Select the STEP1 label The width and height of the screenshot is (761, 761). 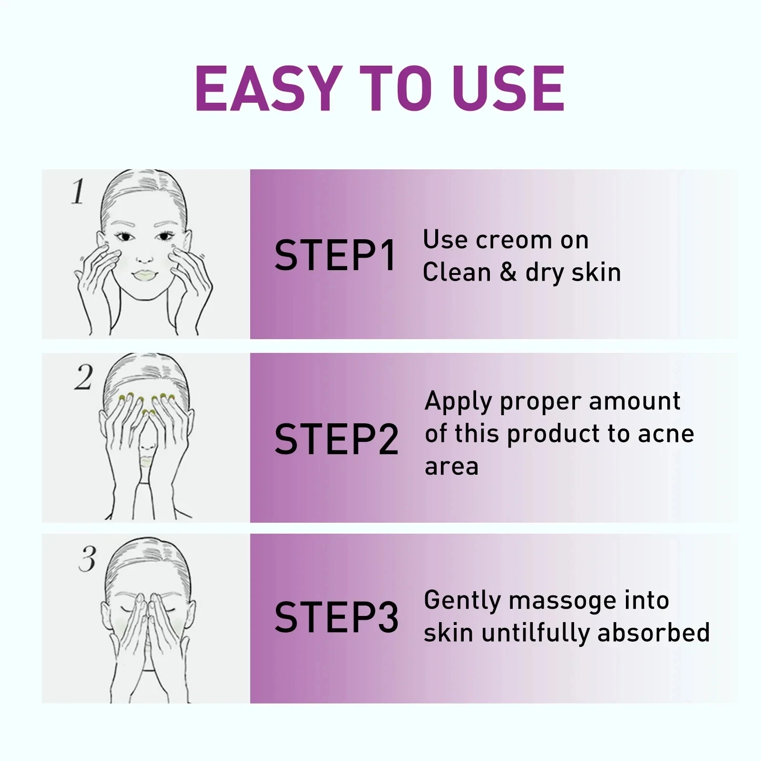[335, 256]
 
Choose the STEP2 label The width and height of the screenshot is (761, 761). [336, 439]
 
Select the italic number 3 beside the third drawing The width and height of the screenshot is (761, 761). [87, 559]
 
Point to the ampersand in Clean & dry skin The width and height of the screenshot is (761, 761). [508, 273]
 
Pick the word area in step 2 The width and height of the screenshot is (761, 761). [451, 467]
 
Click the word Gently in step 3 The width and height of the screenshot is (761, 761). [462, 601]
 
